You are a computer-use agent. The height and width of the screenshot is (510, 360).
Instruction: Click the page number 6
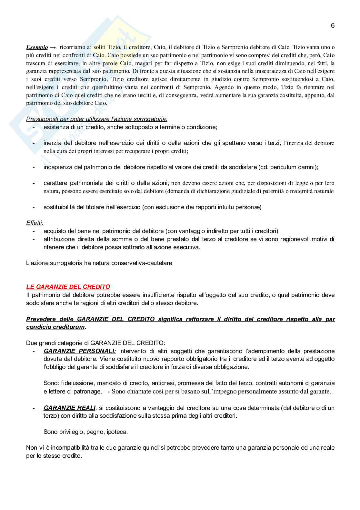333,25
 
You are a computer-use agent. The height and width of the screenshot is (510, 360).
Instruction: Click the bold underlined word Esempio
37,47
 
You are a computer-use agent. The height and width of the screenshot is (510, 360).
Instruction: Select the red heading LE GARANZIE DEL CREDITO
68,287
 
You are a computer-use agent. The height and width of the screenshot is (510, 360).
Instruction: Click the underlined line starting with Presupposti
97,119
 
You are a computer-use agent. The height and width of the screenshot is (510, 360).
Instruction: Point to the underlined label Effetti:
35,223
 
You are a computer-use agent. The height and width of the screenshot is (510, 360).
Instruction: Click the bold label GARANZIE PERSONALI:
80,351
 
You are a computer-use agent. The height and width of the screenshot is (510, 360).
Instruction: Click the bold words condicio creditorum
55,327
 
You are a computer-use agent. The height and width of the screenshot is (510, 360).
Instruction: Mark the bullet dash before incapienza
34,167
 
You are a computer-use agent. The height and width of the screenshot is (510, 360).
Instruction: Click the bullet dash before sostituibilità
34,207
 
